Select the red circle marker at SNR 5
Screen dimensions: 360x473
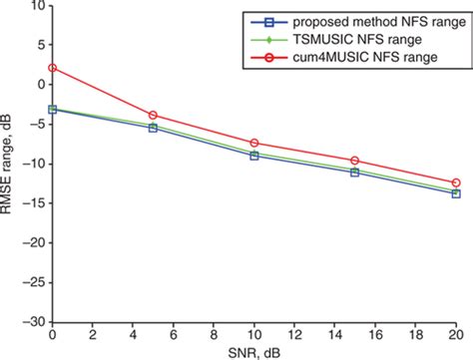[x=153, y=116]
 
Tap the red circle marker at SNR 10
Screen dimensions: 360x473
[x=254, y=143]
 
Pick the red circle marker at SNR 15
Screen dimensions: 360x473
[x=355, y=161]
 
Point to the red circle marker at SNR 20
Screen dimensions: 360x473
[x=456, y=182]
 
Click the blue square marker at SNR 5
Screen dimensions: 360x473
[x=153, y=128]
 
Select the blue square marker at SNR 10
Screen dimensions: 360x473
[x=254, y=156]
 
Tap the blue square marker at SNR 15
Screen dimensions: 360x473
[x=355, y=173]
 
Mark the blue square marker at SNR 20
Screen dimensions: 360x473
[x=456, y=193]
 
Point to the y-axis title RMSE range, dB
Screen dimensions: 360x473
[x=10, y=165]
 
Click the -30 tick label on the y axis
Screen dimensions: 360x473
[x=34, y=322]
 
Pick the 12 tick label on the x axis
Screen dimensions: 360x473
[x=294, y=334]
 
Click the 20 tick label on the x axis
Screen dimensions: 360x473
[x=455, y=334]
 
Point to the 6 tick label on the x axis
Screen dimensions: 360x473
[x=174, y=334]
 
